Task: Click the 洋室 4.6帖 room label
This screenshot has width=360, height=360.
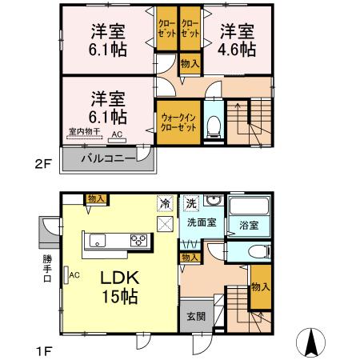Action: [x=238, y=40]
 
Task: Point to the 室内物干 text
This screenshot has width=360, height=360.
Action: [x=83, y=131]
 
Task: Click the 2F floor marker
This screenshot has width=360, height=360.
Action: [x=42, y=166]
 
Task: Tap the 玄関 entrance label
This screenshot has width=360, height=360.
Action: [x=196, y=316]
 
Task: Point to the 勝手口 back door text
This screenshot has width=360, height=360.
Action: [x=47, y=270]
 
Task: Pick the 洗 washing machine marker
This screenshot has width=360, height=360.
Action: [x=191, y=202]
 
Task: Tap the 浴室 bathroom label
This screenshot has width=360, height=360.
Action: [x=248, y=226]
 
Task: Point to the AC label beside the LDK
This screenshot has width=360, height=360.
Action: [x=74, y=276]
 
